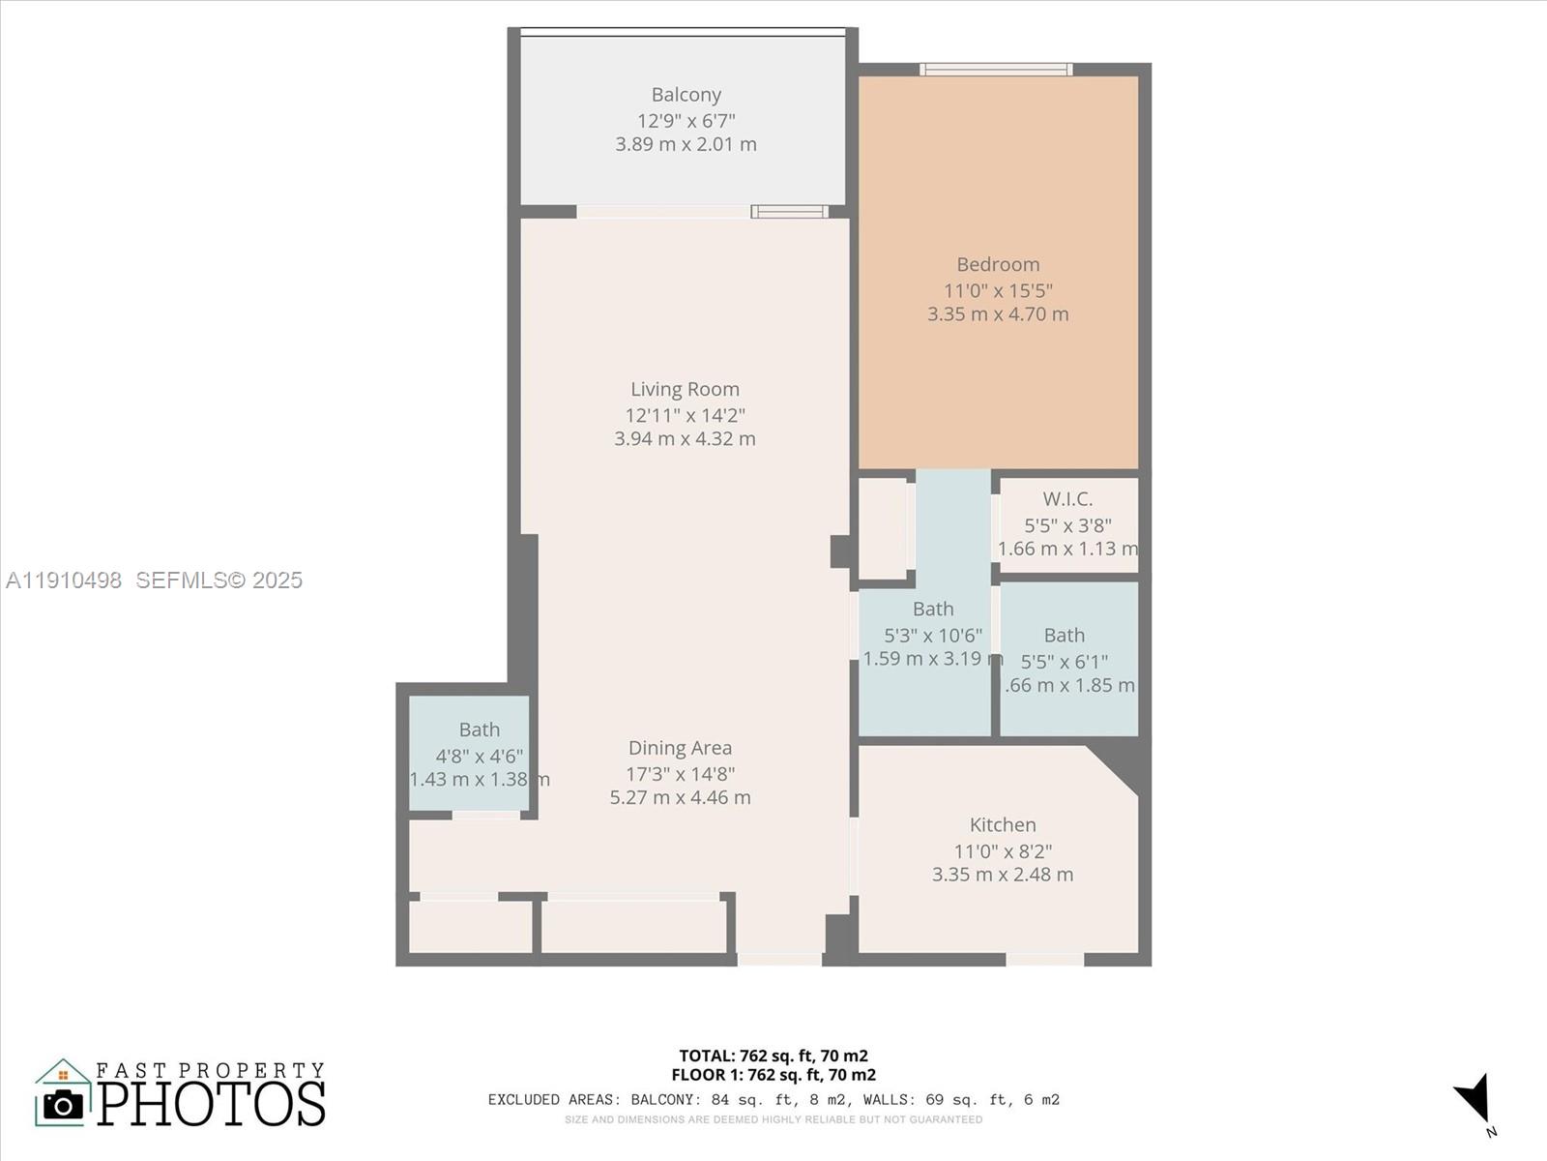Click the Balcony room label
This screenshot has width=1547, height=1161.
[686, 95]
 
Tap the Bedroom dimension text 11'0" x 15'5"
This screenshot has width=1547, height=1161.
[998, 290]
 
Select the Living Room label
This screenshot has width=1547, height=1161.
[685, 389]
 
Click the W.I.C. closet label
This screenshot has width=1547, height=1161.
[1067, 499]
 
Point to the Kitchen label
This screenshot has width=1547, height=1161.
[1003, 825]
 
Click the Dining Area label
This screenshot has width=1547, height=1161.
[680, 748]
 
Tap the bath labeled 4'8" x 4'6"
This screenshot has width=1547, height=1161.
[479, 730]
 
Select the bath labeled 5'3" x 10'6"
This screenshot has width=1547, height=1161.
[933, 610]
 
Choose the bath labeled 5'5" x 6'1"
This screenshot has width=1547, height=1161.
[1064, 636]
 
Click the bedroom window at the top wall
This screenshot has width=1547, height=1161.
[996, 69]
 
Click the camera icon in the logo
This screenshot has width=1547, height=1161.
[64, 1104]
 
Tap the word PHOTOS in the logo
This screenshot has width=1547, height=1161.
[211, 1104]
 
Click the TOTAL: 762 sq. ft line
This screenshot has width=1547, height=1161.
[773, 1056]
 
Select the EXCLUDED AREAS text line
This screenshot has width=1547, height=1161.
[773, 1099]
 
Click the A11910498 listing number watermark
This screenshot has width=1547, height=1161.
[64, 580]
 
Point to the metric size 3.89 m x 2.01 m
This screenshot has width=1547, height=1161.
[686, 144]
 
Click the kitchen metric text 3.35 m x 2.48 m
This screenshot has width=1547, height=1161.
[1003, 875]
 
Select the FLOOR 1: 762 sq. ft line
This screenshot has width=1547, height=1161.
[773, 1075]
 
